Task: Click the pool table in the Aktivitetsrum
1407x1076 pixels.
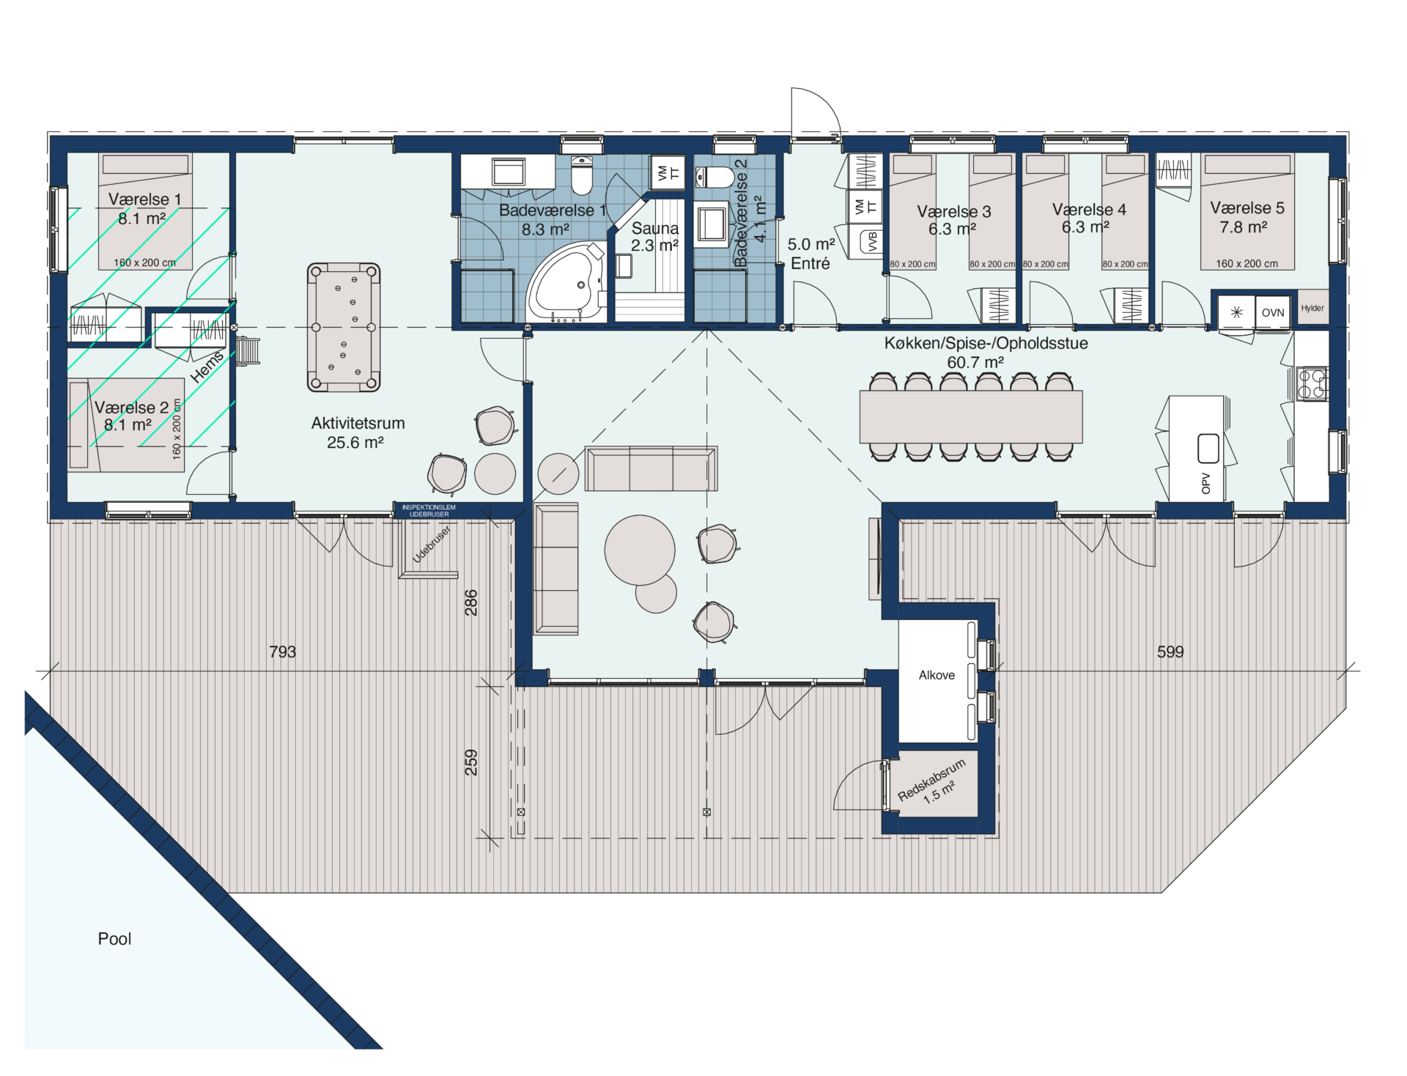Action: [344, 327]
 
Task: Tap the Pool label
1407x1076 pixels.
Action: [115, 939]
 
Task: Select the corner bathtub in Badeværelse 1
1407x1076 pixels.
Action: [565, 282]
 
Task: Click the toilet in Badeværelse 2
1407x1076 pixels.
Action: [714, 177]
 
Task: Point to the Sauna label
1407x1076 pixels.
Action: [655, 228]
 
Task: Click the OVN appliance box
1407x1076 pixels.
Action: [1273, 312]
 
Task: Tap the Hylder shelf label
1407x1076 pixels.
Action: [1312, 308]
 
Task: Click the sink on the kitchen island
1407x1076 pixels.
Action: [1208, 448]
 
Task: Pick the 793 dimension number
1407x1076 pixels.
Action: [283, 652]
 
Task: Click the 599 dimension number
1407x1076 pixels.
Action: [1170, 652]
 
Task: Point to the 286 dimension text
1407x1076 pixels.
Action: [471, 603]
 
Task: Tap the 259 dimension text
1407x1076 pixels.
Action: [471, 762]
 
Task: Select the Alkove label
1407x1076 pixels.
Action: [937, 675]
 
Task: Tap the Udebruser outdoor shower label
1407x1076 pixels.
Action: [432, 544]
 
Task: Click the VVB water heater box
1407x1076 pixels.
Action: [872, 241]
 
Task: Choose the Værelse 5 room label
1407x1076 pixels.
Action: [1247, 208]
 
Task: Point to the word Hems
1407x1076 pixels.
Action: [207, 366]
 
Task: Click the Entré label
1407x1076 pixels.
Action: [810, 263]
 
